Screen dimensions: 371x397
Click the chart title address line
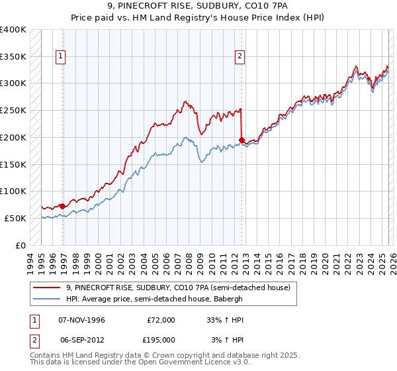[x=198, y=7]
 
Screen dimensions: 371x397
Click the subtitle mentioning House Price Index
[x=198, y=19]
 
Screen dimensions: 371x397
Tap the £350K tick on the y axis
[x=13, y=56]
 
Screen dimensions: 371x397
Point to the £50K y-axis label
[x=15, y=218]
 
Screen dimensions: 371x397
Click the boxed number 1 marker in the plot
[x=60, y=57]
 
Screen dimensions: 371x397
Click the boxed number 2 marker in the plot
[x=240, y=57]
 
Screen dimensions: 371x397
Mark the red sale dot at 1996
[x=63, y=206]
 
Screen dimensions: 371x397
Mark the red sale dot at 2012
[x=242, y=140]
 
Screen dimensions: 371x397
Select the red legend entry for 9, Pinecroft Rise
[x=177, y=288]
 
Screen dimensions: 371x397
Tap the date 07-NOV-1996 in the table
[x=82, y=320]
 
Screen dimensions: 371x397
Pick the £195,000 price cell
[x=161, y=340]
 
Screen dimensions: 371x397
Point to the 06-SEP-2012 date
[x=81, y=340]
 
